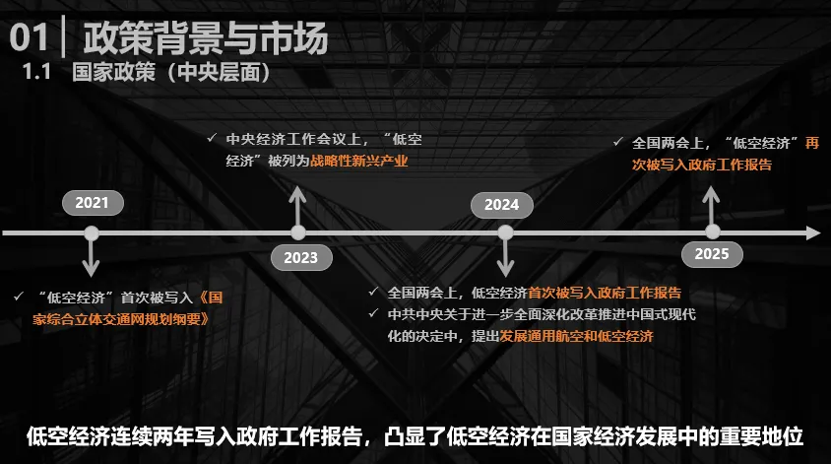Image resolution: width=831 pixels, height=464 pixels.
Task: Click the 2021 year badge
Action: (92, 204)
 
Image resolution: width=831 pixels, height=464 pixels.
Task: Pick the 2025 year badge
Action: (712, 254)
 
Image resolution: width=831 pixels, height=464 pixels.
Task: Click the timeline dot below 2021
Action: (92, 233)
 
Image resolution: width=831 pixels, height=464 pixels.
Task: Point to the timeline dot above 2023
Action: (298, 233)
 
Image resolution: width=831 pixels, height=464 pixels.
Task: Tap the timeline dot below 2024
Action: (505, 233)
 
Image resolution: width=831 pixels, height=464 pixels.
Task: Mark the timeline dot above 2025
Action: (712, 233)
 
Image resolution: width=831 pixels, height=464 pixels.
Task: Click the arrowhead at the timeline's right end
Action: (812, 233)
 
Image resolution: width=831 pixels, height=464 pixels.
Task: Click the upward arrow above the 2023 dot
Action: (298, 202)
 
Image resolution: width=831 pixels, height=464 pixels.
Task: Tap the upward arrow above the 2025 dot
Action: (712, 202)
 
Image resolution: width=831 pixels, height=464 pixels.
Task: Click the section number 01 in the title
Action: (29, 38)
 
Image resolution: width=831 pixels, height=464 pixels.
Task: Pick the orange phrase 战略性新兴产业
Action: (358, 161)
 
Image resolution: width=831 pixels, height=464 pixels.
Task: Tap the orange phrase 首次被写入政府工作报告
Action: (605, 293)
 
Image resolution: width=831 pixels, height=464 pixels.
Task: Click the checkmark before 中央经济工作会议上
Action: (212, 139)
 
